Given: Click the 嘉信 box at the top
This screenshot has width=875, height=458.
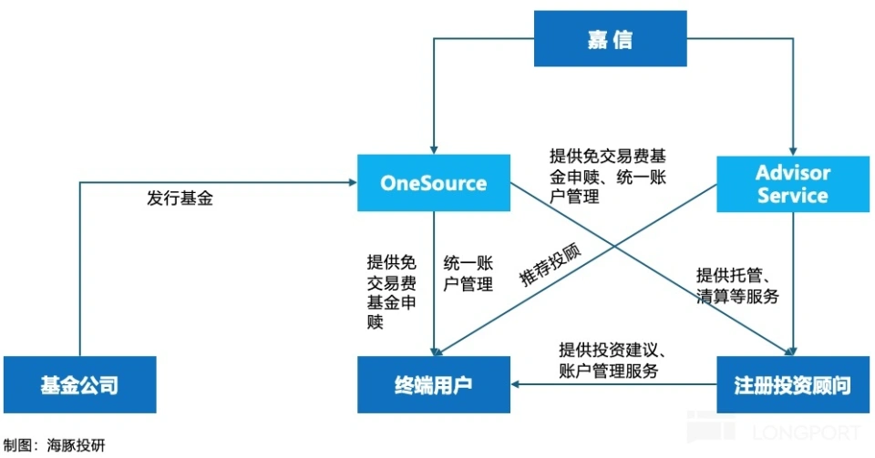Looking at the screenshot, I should point(610,39).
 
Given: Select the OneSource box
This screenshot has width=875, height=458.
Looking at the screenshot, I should point(433,183).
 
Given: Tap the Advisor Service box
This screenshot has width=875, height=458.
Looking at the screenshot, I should point(793,183).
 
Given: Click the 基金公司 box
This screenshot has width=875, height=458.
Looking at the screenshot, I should point(79,385).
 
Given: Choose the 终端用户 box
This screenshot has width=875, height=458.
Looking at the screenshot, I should point(433,385).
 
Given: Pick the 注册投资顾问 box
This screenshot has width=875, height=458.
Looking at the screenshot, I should point(793,385).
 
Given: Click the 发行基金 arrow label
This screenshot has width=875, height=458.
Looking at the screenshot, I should point(180,198).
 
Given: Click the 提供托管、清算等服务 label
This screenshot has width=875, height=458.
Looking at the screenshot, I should point(737,285).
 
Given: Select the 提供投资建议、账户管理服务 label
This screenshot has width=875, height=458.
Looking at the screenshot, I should point(615,361).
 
